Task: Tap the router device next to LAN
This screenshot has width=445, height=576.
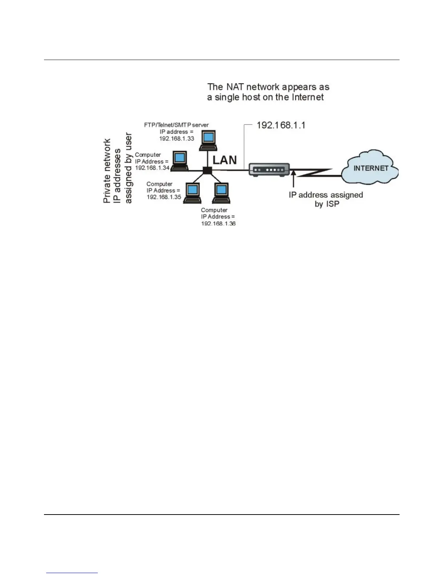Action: (269, 169)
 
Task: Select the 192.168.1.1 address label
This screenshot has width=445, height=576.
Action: (281, 125)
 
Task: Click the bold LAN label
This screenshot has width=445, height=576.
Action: (224, 160)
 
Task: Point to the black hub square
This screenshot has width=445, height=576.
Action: (207, 170)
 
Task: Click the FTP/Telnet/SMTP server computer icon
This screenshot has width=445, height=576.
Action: (208, 140)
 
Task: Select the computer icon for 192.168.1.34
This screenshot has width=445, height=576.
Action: (180, 160)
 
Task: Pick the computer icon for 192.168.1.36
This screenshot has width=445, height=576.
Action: (221, 193)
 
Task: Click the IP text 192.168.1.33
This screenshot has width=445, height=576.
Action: (177, 139)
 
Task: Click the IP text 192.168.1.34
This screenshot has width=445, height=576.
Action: (152, 168)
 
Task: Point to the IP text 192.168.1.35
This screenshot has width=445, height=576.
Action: (164, 197)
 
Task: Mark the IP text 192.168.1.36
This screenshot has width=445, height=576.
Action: (218, 223)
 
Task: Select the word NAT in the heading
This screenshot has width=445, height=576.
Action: (235, 87)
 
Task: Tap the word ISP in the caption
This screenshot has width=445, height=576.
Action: (332, 204)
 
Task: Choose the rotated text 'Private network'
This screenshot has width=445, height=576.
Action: (107, 171)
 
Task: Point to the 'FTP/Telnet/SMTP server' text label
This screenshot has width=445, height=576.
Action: (176, 125)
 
